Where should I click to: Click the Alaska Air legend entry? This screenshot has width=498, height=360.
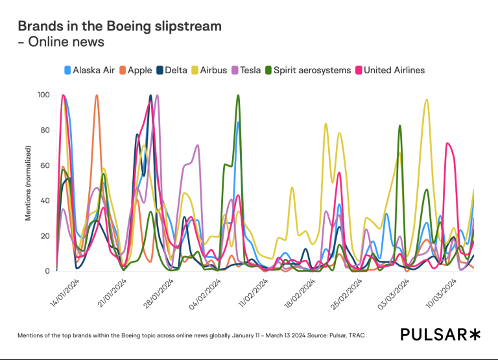[91, 70]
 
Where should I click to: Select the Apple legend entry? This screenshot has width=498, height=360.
[136, 70]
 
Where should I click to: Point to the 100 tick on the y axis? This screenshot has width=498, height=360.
[43, 95]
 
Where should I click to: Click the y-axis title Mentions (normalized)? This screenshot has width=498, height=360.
[29, 182]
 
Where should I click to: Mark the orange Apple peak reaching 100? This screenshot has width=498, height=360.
[97, 96]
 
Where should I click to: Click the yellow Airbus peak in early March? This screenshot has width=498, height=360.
[426, 100]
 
